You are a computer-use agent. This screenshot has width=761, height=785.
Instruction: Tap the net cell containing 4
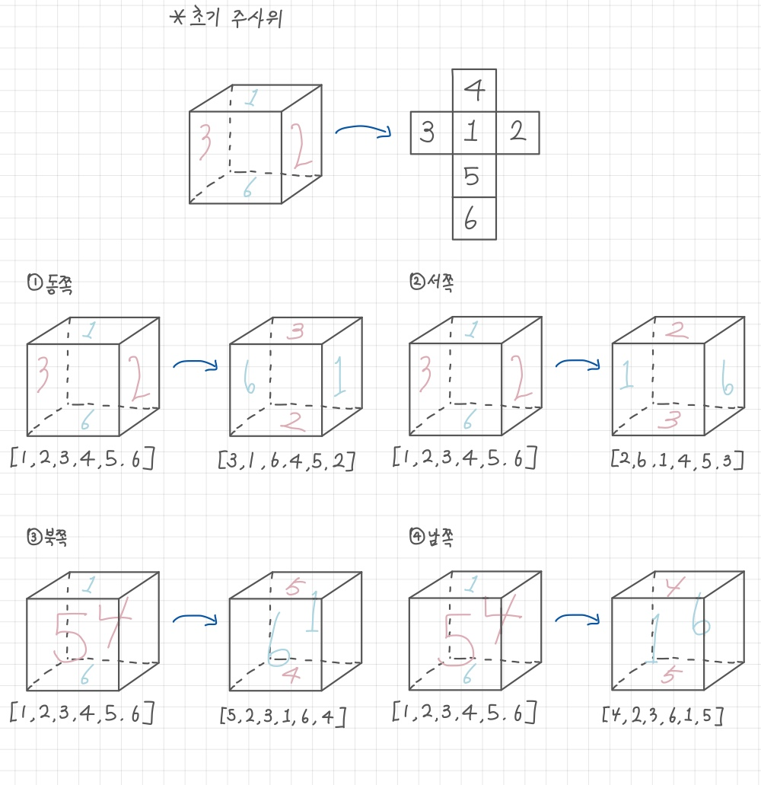coord(474,91)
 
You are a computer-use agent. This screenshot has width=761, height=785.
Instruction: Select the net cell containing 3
coord(431,133)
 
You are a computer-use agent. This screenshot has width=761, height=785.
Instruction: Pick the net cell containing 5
coord(474,177)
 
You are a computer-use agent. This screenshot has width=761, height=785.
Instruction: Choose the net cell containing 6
coord(474,220)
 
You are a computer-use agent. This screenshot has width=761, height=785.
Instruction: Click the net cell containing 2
coord(517,133)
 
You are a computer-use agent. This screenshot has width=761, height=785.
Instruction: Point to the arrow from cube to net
coord(362,132)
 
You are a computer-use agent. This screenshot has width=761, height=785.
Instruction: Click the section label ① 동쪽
coord(54,284)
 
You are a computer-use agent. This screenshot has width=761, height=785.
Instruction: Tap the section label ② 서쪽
coord(436,283)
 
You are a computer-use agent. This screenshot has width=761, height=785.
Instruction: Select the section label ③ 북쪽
coord(53,538)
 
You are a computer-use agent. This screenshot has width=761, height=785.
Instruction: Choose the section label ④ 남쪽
coord(436,538)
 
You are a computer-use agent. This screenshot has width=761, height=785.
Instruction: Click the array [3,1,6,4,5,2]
coord(286,461)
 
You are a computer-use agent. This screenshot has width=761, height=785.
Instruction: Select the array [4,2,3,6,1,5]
coord(662,716)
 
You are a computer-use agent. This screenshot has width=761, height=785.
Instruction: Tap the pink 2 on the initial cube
coord(300,147)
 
